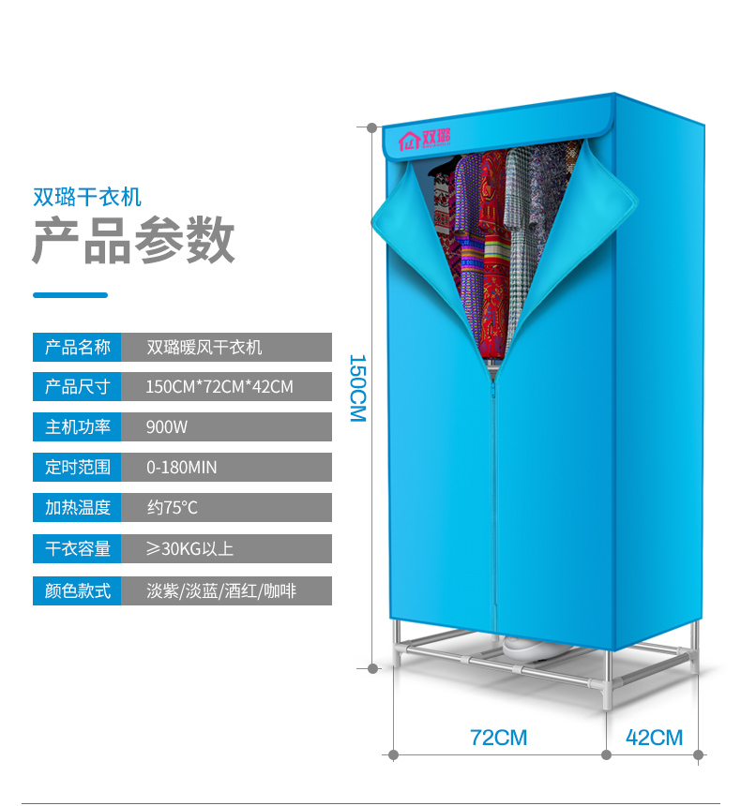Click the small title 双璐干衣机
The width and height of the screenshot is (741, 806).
pos(86,197)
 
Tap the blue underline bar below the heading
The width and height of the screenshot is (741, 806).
pos(70,295)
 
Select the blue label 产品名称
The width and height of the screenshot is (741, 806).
pos(77,348)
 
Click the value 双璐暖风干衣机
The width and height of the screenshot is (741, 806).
pos(204,348)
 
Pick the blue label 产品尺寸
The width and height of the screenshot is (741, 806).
pos(77,387)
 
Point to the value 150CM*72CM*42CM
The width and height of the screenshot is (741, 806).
pos(219,387)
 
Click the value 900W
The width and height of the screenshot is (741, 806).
pos(167,427)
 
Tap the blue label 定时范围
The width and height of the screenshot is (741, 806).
pos(77,467)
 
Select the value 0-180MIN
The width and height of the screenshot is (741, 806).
pos(181,467)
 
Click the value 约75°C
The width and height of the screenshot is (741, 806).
pos(172,508)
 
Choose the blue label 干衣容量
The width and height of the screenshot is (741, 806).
pos(77,548)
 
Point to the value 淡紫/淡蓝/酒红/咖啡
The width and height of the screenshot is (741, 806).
pos(221,591)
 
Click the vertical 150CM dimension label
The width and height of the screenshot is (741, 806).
pos(357,387)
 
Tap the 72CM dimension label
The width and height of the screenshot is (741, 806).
pos(498,738)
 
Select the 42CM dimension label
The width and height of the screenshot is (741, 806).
pos(654,738)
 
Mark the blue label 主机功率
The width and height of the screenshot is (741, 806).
pos(77,427)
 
